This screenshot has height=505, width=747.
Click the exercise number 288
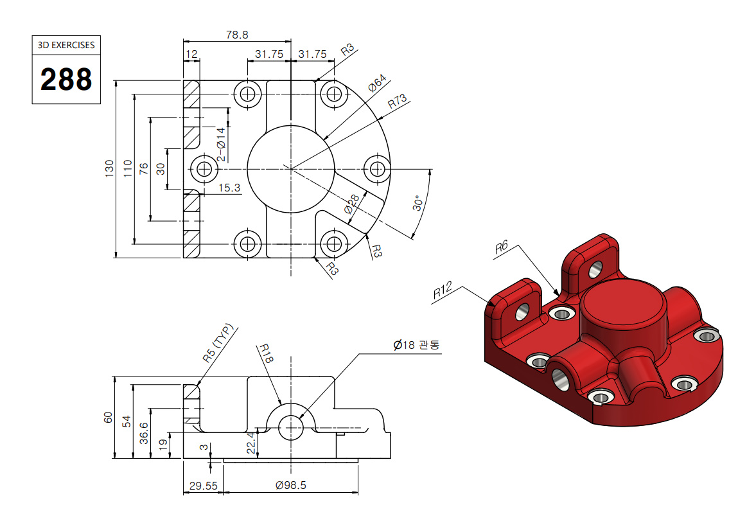coord(66,80)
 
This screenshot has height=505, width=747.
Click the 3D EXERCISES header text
coord(66,45)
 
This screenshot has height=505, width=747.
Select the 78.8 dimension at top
coord(237,36)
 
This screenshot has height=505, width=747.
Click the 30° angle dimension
coord(418,204)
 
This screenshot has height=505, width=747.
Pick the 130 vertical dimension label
coord(109,168)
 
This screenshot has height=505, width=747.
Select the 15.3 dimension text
coord(229,188)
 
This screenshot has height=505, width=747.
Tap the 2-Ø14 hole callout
coord(220,145)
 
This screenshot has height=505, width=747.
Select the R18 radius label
coord(266,355)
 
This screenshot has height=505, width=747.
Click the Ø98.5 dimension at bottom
coord(291,486)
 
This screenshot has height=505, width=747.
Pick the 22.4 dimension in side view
coord(251,443)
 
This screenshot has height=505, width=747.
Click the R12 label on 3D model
coord(443,290)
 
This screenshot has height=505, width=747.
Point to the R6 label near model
coord(502,246)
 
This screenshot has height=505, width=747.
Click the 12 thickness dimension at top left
coord(191,54)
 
